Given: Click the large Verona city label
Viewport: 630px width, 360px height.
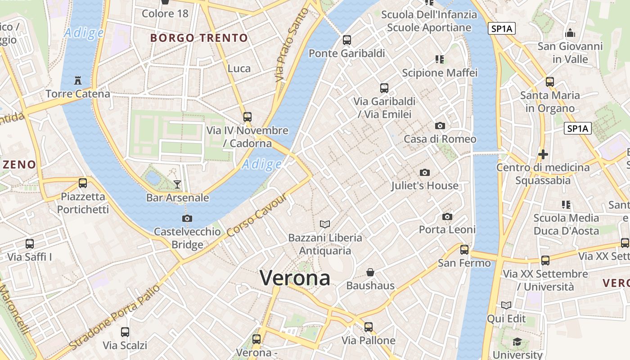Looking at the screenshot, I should (295, 278).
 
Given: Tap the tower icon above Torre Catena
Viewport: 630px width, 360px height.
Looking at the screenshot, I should (77, 81).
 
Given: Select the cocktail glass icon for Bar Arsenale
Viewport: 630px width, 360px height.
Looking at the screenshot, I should (177, 184).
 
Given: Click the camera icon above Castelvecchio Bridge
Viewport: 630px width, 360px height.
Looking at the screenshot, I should (187, 219).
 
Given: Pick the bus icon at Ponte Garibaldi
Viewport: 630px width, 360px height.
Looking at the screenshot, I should (346, 40).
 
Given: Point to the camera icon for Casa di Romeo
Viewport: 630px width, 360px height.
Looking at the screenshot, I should (440, 126).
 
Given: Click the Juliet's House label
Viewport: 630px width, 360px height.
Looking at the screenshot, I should (424, 185).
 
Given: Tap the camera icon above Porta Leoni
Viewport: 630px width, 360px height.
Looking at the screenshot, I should (447, 217).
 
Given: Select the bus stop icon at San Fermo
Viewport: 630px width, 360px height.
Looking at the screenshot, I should (464, 249).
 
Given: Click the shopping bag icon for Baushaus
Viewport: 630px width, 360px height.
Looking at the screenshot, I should (370, 272).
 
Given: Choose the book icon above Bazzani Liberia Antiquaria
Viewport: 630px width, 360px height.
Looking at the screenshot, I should (325, 224).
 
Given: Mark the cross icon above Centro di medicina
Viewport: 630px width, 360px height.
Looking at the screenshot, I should (543, 154).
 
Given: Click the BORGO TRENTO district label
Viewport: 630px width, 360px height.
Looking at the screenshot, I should (199, 38).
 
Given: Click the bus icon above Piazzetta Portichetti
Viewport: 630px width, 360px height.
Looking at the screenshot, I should (83, 183).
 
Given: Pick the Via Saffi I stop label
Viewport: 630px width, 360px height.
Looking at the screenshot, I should (30, 257).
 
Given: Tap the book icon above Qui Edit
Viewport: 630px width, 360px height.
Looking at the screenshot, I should (506, 306).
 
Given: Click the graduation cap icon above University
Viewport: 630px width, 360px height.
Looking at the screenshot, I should (517, 342).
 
